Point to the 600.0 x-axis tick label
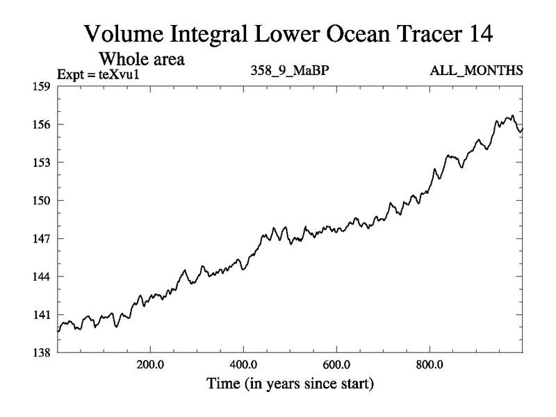click(336, 364)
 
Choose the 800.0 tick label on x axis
click(430, 364)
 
